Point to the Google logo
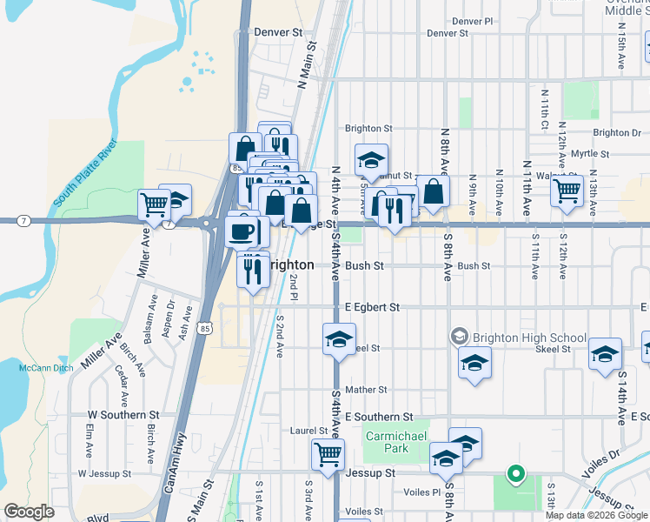(30, 512)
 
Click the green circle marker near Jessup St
(515, 474)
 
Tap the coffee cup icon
(242, 231)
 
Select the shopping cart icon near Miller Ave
(154, 205)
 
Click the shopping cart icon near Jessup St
(328, 453)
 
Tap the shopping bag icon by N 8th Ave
(434, 191)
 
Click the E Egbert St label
(372, 307)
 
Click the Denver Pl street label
(472, 21)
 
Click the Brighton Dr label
(617, 133)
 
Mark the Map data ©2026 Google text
(595, 515)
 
